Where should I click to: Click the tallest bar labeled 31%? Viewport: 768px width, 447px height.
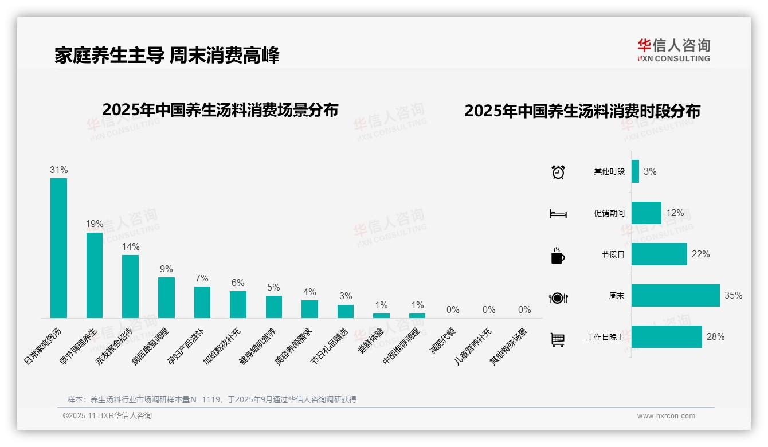tap(58, 248)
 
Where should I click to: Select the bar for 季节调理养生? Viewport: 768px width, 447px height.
tap(95, 275)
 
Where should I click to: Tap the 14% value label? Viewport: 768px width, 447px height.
tap(130, 246)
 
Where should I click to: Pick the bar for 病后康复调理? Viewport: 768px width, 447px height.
tap(166, 297)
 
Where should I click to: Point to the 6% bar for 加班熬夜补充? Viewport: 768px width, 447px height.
tap(238, 304)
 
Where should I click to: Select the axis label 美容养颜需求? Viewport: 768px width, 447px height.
tap(294, 347)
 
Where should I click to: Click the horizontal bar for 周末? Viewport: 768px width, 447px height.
tap(675, 296)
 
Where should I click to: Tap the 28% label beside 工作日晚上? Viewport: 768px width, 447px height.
tap(715, 336)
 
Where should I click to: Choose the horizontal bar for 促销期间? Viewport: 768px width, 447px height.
tap(646, 213)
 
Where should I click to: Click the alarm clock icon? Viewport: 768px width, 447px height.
tap(558, 172)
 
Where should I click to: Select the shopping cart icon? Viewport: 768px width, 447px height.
tap(558, 339)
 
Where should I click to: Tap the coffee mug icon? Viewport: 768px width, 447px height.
tap(558, 256)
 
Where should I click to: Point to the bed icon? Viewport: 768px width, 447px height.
tap(558, 214)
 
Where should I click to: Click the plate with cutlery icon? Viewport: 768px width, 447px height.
tap(558, 297)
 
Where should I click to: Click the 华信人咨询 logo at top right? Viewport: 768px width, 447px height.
tap(673, 50)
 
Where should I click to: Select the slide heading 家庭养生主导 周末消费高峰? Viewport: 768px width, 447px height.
tap(167, 56)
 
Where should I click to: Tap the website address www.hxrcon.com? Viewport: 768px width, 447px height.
tap(665, 416)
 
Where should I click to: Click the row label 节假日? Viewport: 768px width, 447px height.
tap(613, 254)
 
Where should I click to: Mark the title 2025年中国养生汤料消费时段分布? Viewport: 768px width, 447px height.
tap(582, 111)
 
